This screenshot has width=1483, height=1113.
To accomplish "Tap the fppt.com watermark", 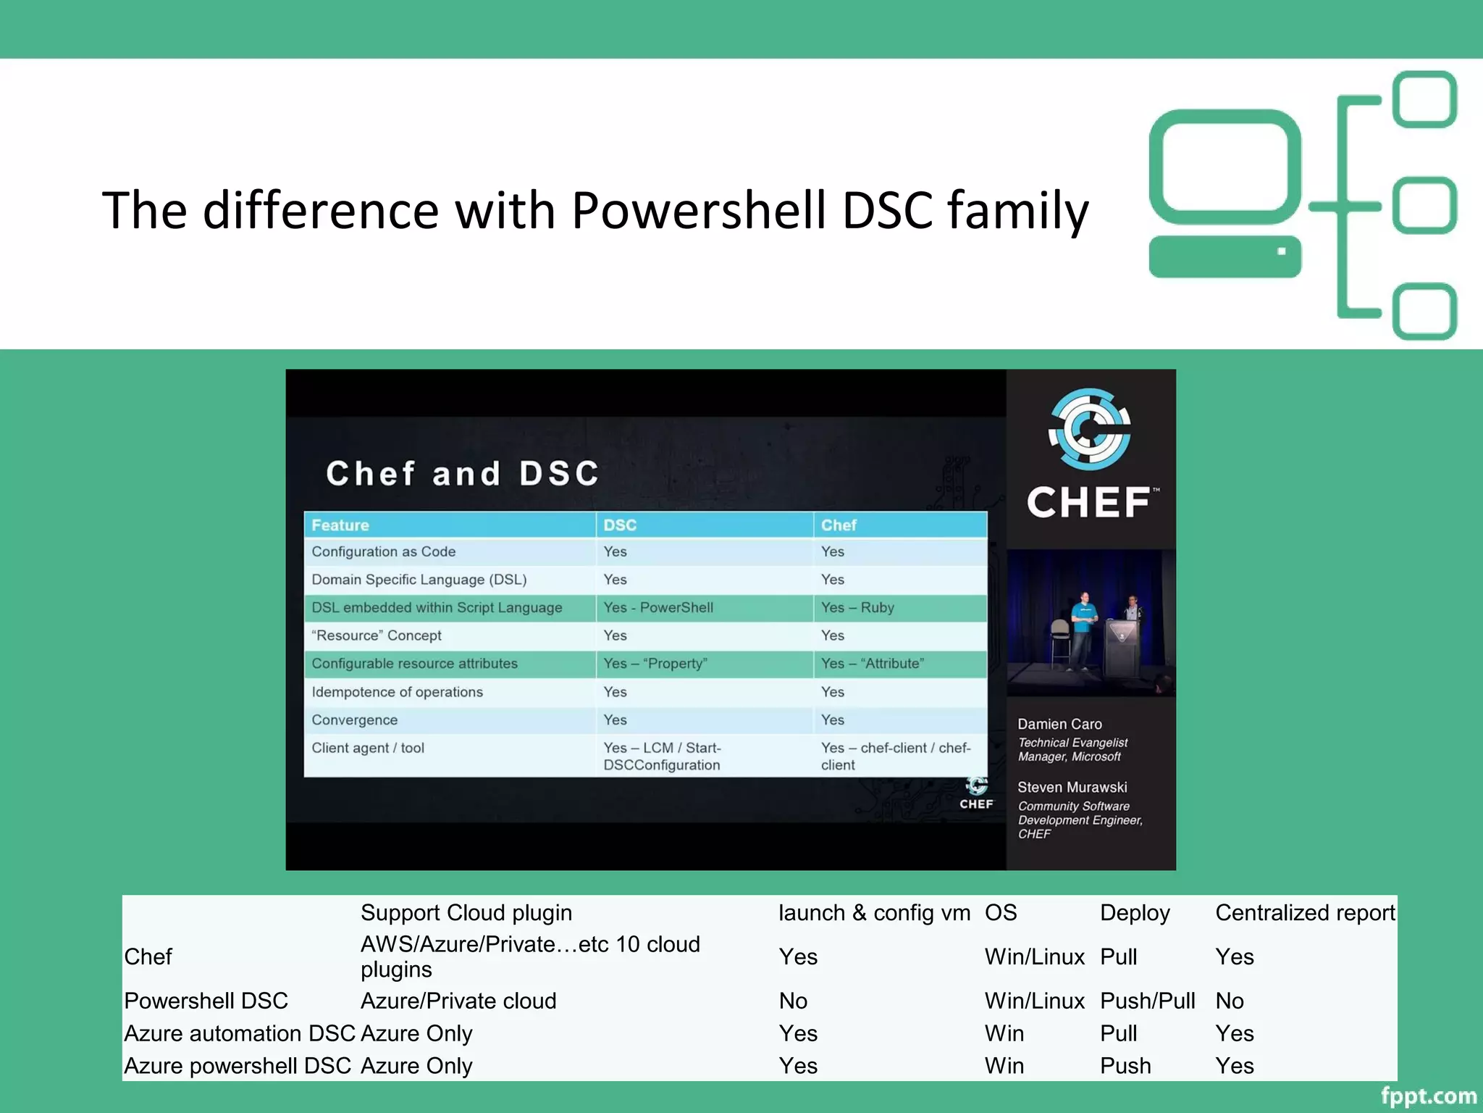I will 1428,1096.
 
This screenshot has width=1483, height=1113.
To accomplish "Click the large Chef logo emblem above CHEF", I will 1090,430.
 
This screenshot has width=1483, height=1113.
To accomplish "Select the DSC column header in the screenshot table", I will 620,525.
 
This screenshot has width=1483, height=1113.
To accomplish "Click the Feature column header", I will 340,525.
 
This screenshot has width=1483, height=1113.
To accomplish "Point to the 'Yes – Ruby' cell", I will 857,607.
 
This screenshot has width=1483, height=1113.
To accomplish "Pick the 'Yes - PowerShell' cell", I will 658,607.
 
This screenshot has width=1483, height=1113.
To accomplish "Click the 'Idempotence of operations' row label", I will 397,692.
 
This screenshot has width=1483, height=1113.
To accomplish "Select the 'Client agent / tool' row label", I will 368,748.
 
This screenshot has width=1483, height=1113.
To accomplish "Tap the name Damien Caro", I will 1059,724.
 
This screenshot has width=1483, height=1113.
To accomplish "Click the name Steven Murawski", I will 1072,787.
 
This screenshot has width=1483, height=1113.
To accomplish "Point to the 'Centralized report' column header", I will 1305,912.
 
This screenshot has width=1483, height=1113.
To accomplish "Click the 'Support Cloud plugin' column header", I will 466,912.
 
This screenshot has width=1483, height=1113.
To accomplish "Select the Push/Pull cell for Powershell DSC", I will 1147,1001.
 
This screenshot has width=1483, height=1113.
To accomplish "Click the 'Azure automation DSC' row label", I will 240,1033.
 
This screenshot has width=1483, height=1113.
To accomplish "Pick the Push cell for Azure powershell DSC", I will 1125,1066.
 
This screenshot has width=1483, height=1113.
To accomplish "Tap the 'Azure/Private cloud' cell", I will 458,1001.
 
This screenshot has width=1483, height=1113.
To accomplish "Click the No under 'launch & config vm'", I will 793,1001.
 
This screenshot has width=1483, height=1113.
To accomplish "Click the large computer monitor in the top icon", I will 1224,167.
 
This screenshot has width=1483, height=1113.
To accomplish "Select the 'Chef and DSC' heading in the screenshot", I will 463,474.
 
